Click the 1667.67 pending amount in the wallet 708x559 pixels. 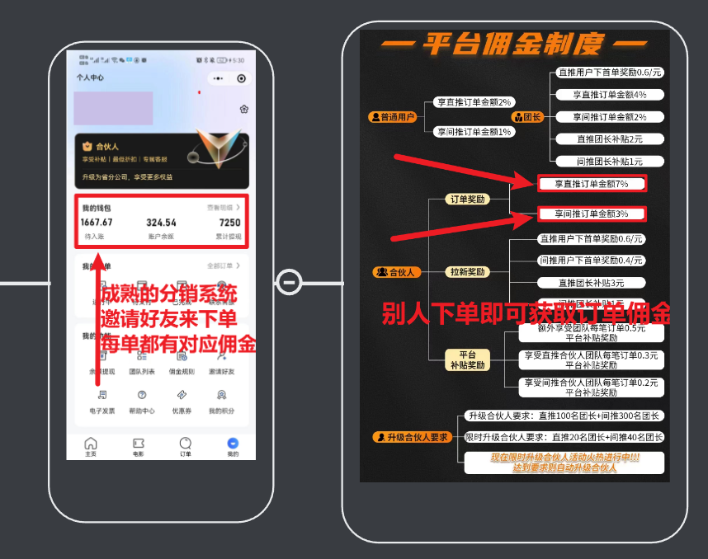tap(97, 223)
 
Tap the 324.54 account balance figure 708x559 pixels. tap(161, 223)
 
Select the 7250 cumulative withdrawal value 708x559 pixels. tap(229, 223)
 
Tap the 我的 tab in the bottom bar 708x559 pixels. tap(233, 445)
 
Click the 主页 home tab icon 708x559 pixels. tap(91, 445)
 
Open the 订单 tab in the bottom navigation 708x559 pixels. tap(186, 445)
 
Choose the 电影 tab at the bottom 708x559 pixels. tap(138, 445)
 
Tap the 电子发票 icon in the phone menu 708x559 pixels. tap(101, 400)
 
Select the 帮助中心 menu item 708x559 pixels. tap(142, 400)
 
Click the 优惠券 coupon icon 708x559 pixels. tap(182, 400)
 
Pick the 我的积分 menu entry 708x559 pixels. tap(221, 400)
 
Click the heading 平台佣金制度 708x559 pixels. tap(515, 44)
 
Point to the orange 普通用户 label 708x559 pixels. tap(391, 117)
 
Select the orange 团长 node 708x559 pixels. tap(528, 117)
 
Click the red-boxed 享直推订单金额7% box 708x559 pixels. tap(591, 184)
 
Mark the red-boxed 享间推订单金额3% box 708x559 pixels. tap(591, 214)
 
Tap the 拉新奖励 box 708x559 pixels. tap(467, 271)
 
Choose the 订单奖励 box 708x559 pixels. tap(467, 199)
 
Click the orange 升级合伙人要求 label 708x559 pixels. tap(412, 437)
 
